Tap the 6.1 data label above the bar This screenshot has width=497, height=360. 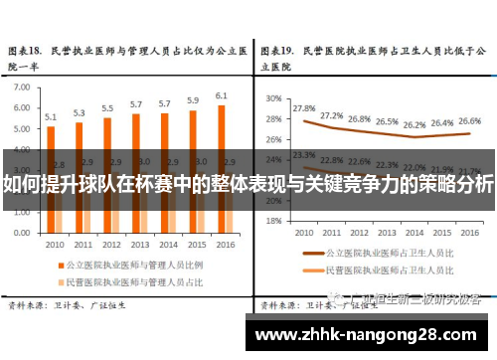click(222, 95)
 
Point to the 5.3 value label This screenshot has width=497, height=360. click(80, 112)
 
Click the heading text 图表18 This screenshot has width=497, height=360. click(26, 49)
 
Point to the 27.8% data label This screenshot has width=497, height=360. click(304, 108)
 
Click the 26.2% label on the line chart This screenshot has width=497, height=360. click(414, 125)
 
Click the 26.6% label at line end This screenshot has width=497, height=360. click(470, 119)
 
